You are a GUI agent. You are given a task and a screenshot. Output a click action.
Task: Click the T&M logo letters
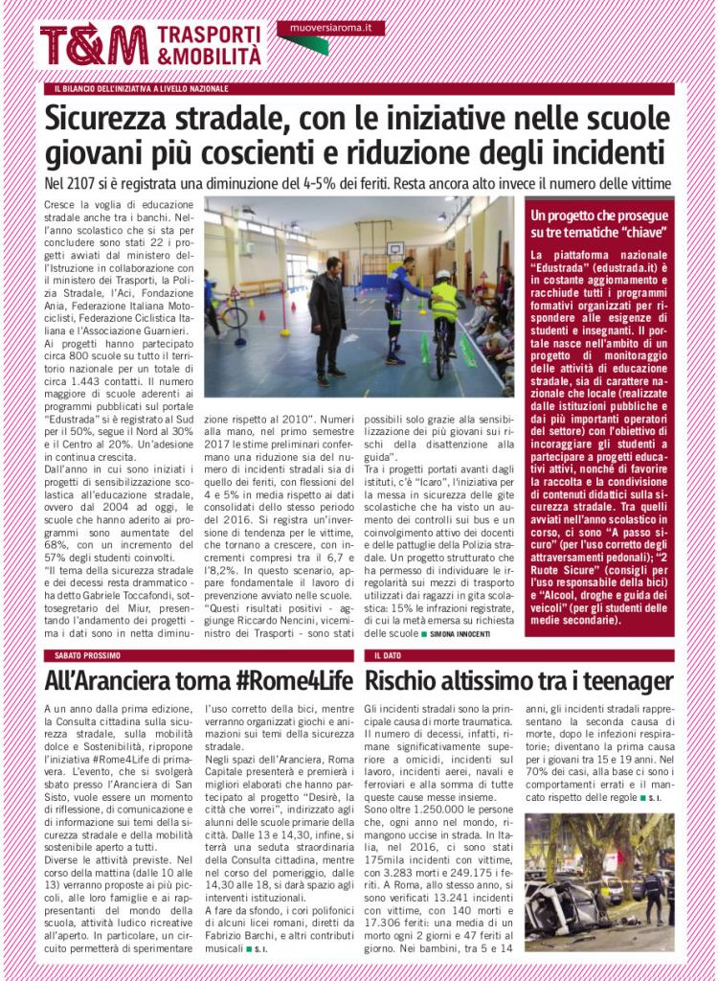[x=93, y=44]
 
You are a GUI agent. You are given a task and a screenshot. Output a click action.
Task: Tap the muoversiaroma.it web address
[x=330, y=29]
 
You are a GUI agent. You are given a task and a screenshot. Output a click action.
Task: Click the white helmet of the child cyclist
[x=443, y=277]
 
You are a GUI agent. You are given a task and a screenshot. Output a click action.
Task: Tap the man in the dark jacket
[x=328, y=311]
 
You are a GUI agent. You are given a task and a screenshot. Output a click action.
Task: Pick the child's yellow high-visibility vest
[x=444, y=302]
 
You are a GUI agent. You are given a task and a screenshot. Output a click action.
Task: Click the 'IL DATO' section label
[x=387, y=655]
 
